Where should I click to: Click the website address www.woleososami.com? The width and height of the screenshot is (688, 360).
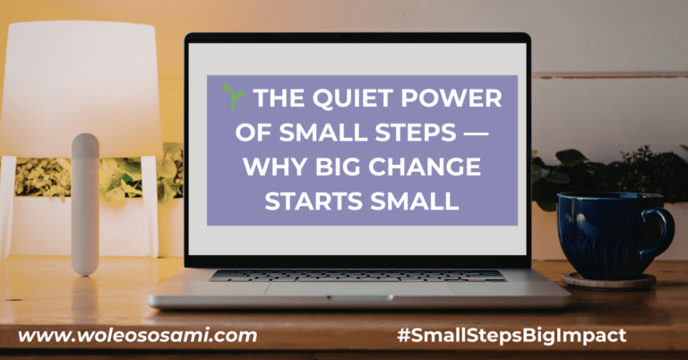point(137,336)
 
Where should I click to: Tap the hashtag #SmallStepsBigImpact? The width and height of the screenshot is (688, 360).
point(512,336)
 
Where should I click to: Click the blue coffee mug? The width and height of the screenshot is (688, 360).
point(605,235)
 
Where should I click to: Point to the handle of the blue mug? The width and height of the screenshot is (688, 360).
point(661,231)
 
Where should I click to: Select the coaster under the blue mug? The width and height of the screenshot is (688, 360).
point(608,281)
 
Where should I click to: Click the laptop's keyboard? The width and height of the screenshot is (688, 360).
point(357,275)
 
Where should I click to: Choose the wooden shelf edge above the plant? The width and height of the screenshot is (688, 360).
point(609,74)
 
